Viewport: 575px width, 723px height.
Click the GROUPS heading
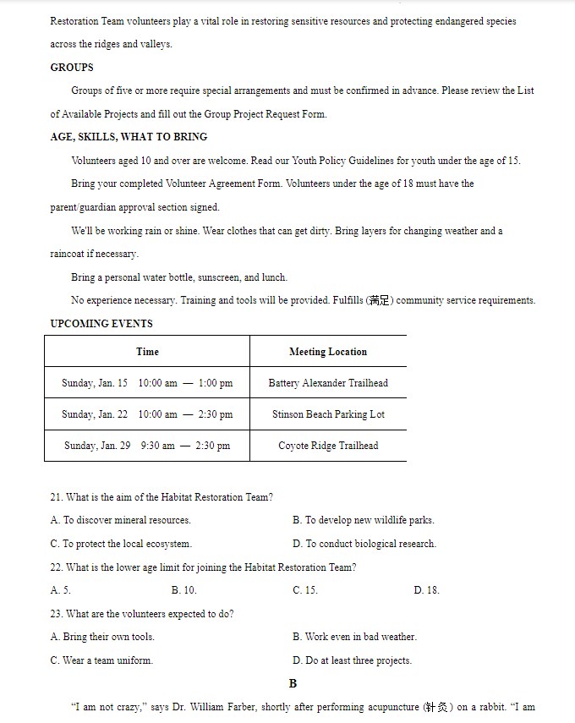[x=72, y=68]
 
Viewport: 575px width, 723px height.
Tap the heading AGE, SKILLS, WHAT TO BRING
[x=129, y=137]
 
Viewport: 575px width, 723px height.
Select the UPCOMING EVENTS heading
[x=101, y=324]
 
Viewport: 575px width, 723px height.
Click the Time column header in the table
[x=147, y=352]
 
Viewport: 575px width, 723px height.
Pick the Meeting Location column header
[x=328, y=352]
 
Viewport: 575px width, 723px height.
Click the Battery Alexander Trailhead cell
[x=328, y=383]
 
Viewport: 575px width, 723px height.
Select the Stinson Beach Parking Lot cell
[x=328, y=414]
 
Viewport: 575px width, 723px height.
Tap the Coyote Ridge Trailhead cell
[x=328, y=446]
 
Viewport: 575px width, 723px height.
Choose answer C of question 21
[x=121, y=544]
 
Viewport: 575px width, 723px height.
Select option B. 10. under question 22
[x=183, y=590]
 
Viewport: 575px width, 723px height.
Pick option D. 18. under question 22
[x=426, y=590]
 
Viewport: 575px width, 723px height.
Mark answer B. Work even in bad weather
[x=354, y=637]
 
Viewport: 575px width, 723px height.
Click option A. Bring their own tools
[x=102, y=637]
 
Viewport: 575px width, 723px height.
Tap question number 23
[x=56, y=614]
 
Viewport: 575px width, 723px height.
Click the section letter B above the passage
[x=293, y=683]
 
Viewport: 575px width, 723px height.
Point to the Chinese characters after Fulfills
[x=379, y=301]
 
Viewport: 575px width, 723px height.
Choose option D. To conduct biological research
[x=364, y=544]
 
